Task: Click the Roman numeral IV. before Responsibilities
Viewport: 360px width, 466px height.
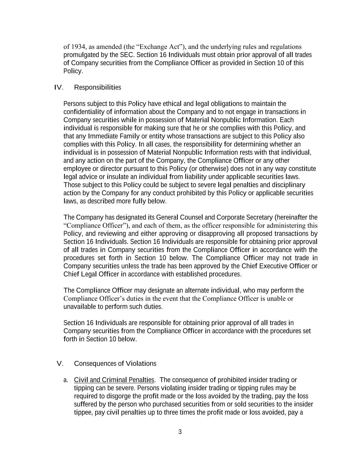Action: [59, 87]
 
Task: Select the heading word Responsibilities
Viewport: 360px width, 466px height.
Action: [97, 87]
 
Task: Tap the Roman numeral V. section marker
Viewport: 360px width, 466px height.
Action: [60, 363]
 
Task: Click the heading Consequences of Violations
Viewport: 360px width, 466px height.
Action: [115, 363]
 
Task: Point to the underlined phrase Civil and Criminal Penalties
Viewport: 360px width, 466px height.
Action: [114, 380]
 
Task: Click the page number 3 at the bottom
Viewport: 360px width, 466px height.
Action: [180, 432]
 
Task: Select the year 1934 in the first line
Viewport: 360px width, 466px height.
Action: [78, 46]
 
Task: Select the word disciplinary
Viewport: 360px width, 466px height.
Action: [288, 185]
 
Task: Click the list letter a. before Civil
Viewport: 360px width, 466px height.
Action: [66, 380]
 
